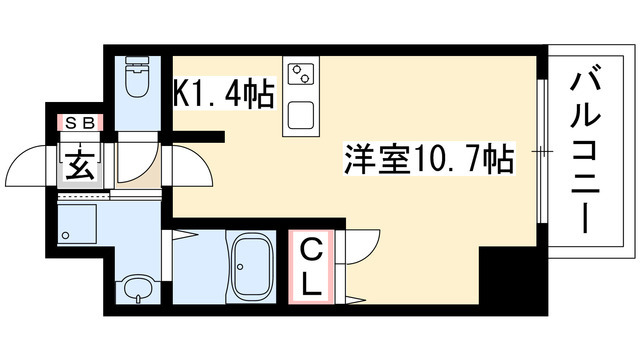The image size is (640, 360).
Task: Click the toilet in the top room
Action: pos(137,77)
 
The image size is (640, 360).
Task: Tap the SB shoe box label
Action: pos(80,122)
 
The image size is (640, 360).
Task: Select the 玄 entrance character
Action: pos(80,166)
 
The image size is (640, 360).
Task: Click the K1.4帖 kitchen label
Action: pos(223,93)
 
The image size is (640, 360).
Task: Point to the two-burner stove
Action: pos(301,74)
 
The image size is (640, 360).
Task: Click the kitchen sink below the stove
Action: pos(301,116)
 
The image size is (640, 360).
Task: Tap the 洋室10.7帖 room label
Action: pos(429,158)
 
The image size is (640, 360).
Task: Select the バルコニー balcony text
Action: pos(586,152)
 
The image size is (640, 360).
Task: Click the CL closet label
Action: pos(312,267)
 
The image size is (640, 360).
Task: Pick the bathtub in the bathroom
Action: pos(251,266)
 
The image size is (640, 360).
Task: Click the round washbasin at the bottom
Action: pos(138,289)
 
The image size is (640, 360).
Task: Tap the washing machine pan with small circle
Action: pos(77,224)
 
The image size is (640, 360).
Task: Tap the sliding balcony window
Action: pos(542,151)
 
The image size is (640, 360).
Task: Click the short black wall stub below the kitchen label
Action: pos(198,137)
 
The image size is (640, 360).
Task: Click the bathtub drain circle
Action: pos(240,267)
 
